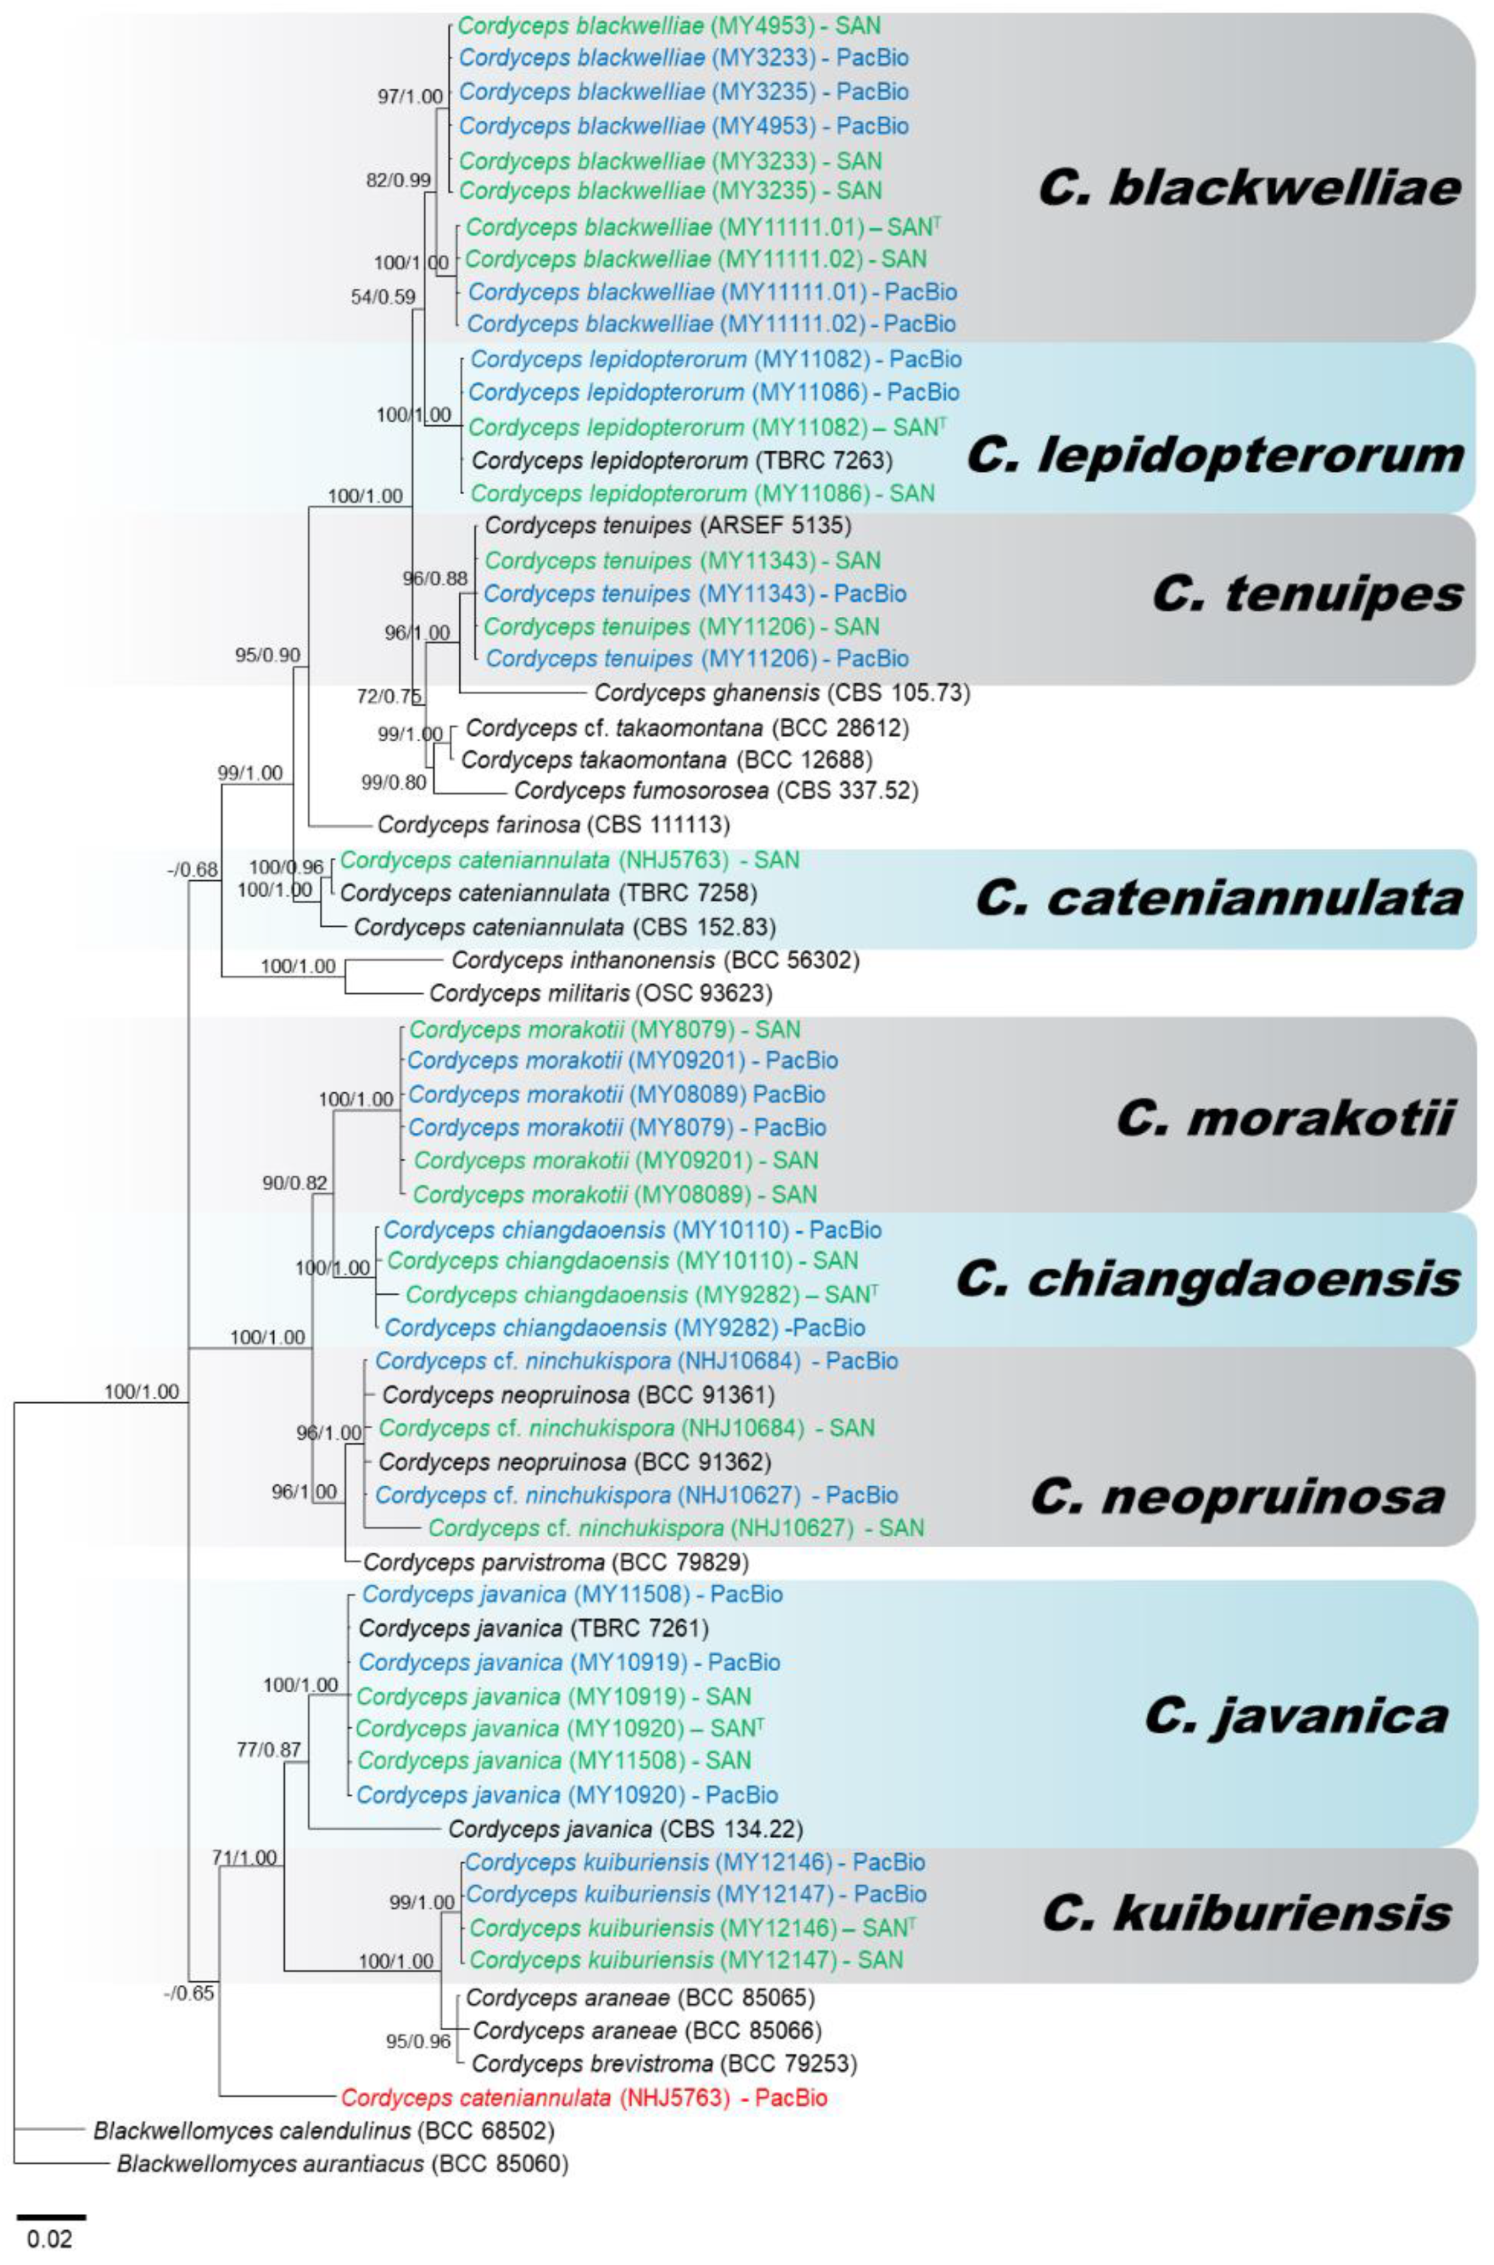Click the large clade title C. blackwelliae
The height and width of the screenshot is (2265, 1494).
pos(1249,188)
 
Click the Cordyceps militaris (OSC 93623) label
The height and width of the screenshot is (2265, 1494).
pos(600,993)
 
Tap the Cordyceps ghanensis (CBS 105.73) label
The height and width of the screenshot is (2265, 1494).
pos(782,693)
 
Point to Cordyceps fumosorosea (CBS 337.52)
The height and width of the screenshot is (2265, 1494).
pos(716,790)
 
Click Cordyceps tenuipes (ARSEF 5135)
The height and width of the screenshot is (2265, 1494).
pos(668,525)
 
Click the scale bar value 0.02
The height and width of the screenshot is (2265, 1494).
pos(50,2236)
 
